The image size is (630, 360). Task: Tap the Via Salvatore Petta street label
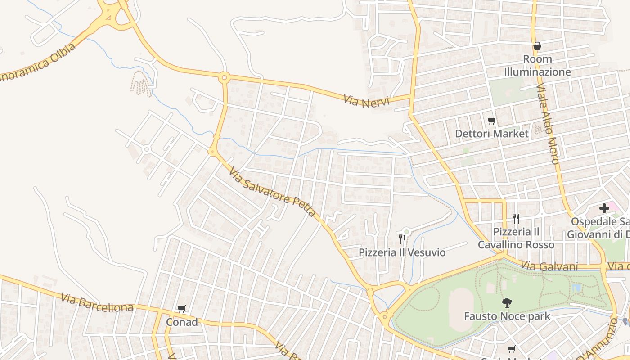point(272,191)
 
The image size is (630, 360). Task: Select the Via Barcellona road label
point(97,302)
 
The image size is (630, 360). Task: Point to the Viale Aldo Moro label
point(548,125)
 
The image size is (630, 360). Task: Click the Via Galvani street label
point(549,266)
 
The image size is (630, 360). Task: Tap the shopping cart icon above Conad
point(182,309)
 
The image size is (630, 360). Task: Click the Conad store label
point(182,322)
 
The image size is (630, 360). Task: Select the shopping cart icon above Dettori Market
point(492,121)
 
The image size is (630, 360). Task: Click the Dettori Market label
point(492,134)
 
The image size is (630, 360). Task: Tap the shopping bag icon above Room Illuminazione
point(537,46)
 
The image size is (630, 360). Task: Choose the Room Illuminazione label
point(537,66)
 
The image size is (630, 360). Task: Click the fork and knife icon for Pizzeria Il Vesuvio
point(402,239)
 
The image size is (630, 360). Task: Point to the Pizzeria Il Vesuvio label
point(402,252)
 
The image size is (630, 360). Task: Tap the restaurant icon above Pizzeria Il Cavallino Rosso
point(516,219)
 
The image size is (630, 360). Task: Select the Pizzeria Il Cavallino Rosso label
point(516,238)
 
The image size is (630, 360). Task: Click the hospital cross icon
point(604,208)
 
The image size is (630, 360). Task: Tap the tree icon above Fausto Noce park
point(507,303)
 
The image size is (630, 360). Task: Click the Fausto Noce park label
point(507,316)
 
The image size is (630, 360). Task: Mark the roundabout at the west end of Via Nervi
point(224,77)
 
